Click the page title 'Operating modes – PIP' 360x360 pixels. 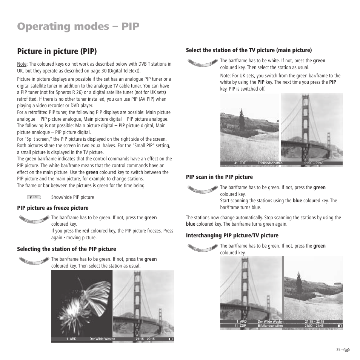pyautogui.click(x=78, y=26)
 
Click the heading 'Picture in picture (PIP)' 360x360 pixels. pyautogui.click(x=57, y=51)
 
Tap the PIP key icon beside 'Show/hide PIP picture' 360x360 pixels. pyautogui.click(x=34, y=197)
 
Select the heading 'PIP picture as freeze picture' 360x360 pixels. pyautogui.click(x=52, y=208)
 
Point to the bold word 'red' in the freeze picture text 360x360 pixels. pyautogui.click(x=86, y=231)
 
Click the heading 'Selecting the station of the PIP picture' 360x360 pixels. pyautogui.click(x=66, y=249)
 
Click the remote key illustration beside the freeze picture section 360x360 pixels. pyautogui.click(x=34, y=219)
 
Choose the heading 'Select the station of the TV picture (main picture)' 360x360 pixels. pyautogui.click(x=249, y=50)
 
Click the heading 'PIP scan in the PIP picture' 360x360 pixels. pyautogui.click(x=219, y=177)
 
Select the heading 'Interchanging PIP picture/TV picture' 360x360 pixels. pyautogui.click(x=232, y=235)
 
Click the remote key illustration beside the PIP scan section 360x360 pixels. pyautogui.click(x=203, y=189)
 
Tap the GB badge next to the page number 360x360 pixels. pyautogui.click(x=347, y=350)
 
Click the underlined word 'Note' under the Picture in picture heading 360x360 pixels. pyautogui.click(x=22, y=64)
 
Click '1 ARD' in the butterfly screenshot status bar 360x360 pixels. pyautogui.click(x=71, y=339)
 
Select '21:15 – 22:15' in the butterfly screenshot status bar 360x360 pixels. pyautogui.click(x=145, y=339)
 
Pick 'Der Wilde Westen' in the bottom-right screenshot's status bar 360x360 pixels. pyautogui.click(x=270, y=322)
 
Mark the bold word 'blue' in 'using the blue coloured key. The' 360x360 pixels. pyautogui.click(x=297, y=201)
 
